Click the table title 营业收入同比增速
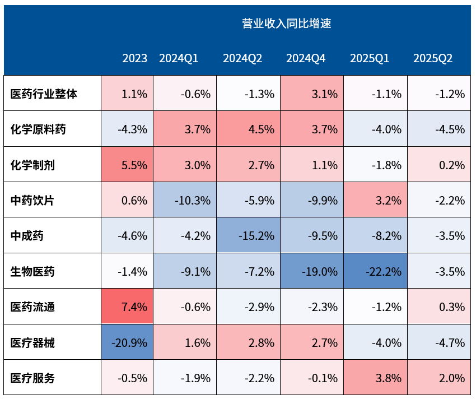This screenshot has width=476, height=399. (286, 24)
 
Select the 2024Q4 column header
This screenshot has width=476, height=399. (306, 58)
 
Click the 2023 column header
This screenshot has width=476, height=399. (135, 58)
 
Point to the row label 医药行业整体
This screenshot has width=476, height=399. (44, 94)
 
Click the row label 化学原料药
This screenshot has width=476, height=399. (38, 129)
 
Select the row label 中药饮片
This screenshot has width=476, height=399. (32, 200)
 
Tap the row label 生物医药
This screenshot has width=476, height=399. (32, 272)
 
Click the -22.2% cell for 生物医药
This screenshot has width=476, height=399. (375, 272)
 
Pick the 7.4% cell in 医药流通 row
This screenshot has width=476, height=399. (127, 307)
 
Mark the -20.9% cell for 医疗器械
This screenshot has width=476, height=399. (127, 342)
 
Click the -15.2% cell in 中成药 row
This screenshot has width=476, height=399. (248, 236)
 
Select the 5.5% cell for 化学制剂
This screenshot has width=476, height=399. (127, 165)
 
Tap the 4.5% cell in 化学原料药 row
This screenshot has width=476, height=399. (248, 129)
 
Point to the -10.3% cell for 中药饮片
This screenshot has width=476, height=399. (185, 200)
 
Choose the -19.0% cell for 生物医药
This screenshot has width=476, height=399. (311, 272)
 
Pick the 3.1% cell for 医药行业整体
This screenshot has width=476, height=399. (311, 94)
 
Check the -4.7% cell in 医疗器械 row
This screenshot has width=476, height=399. (439, 342)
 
